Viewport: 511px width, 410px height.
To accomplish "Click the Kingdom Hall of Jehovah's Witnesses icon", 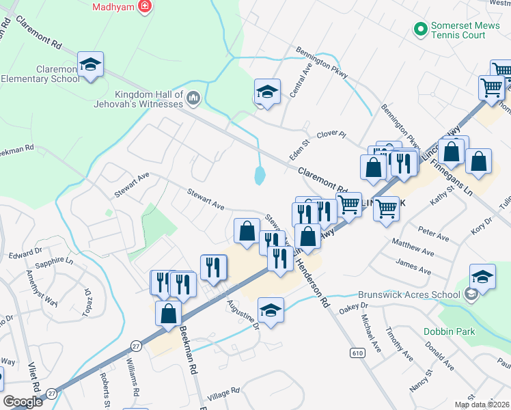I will [x=193, y=99].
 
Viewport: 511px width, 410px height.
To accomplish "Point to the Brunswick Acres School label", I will [x=408, y=295].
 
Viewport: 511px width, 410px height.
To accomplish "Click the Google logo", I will [x=23, y=402].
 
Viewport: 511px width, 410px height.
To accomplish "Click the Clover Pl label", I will [x=332, y=135].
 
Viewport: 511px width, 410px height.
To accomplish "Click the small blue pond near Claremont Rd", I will [x=260, y=175].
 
